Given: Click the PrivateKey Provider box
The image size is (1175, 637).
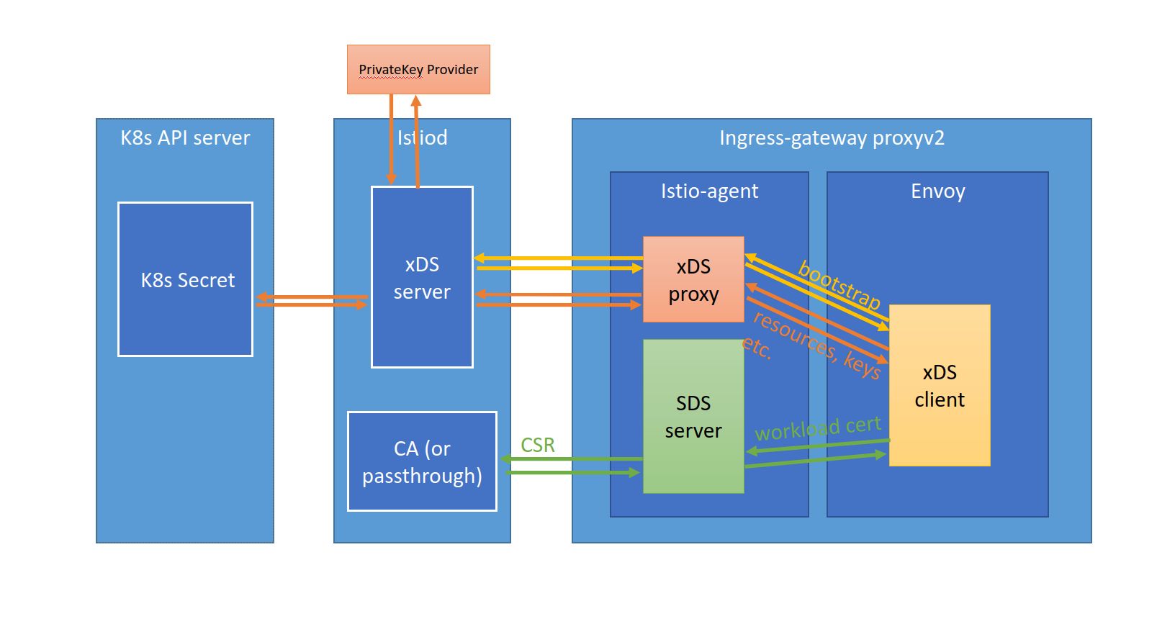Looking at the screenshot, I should (418, 70).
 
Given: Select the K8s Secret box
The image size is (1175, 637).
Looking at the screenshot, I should (186, 279).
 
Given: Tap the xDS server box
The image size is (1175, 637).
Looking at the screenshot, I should (422, 277).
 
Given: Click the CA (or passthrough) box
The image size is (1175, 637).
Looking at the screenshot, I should (422, 461).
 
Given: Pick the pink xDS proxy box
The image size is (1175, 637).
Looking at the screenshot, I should (693, 279).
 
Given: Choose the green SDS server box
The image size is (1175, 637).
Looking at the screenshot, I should (693, 416).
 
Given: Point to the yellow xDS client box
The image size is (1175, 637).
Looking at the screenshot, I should (939, 386).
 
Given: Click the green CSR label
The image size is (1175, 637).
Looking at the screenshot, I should (537, 445).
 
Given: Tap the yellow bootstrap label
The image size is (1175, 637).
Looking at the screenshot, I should (839, 285).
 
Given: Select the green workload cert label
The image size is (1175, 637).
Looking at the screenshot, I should (817, 428).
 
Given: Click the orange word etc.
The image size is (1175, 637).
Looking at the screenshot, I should (757, 347).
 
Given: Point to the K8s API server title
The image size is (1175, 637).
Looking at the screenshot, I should (185, 137).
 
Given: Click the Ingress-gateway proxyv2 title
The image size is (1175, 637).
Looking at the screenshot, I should (831, 137).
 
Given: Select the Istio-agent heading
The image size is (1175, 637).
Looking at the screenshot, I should (709, 191).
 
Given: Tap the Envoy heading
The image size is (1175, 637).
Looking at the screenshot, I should (937, 191).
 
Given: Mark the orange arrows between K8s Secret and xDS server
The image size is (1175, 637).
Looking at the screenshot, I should (311, 300).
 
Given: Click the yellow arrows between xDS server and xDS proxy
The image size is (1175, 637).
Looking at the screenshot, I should (558, 263).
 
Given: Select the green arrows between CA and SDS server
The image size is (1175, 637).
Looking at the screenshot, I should (570, 466).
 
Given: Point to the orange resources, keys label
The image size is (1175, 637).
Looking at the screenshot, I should (817, 345).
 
